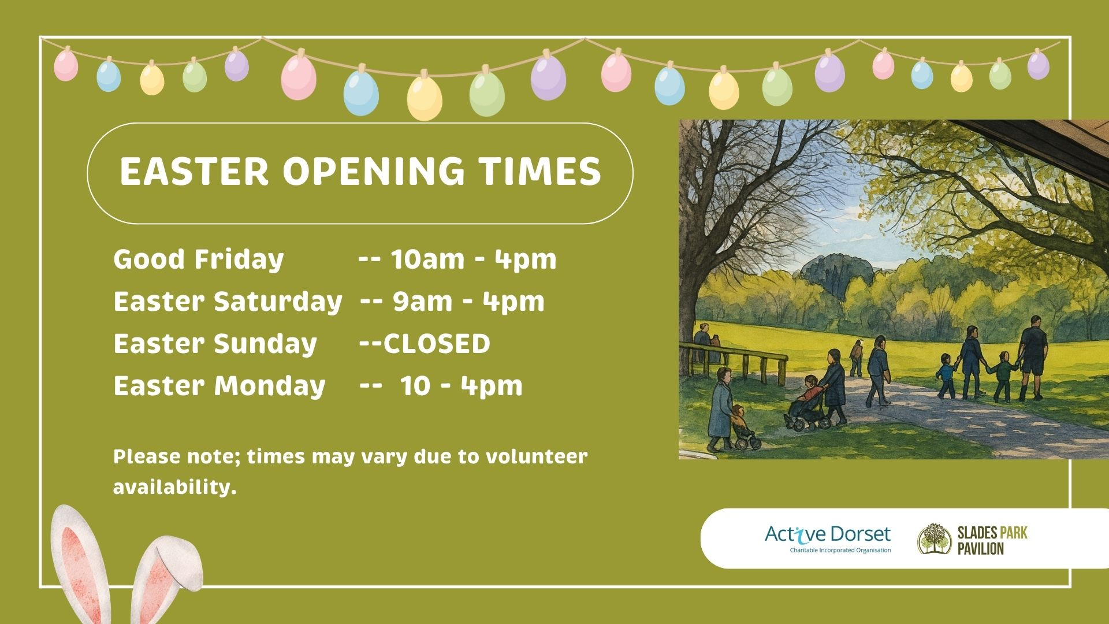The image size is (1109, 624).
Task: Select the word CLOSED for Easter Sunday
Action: click(436, 344)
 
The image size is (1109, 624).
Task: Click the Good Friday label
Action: click(199, 259)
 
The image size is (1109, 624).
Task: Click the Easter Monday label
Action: click(219, 385)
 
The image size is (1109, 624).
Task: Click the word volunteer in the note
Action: click(537, 456)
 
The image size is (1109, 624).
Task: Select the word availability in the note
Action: click(175, 487)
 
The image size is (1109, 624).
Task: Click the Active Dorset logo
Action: click(828, 538)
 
